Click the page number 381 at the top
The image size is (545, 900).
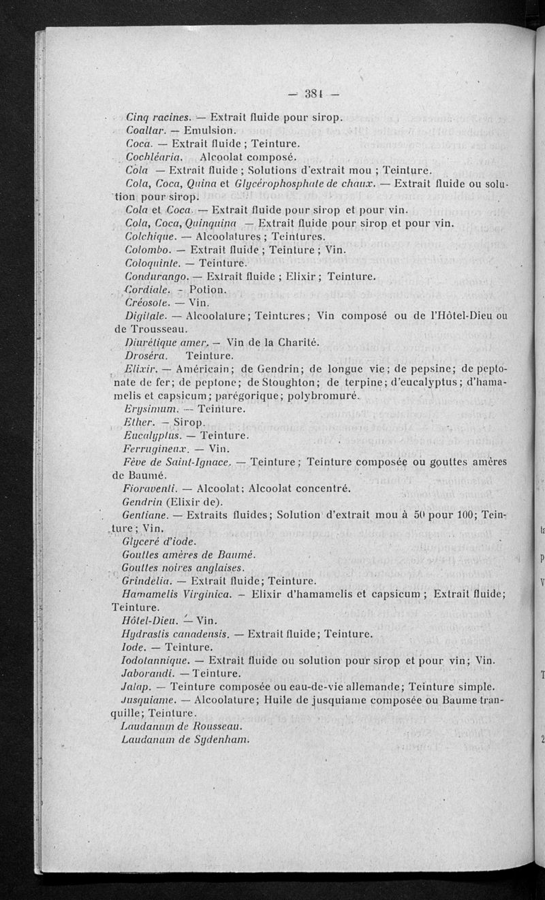point(313,94)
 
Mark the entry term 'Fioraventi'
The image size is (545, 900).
point(151,488)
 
